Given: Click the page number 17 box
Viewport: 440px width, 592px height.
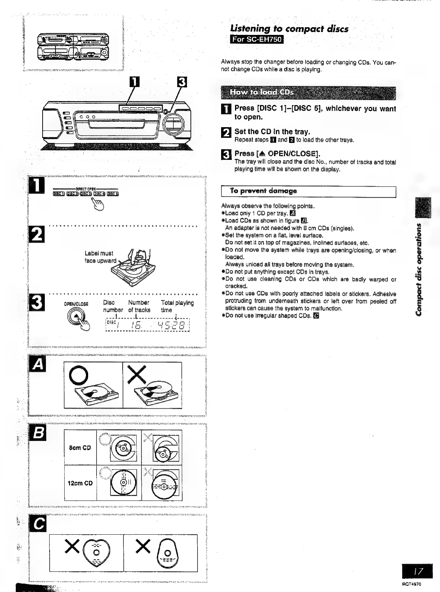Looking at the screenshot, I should pos(417,571).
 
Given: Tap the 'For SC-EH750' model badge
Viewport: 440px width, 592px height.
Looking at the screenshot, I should pos(257,39).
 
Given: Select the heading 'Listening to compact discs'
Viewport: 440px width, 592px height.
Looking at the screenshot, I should pos(289,29).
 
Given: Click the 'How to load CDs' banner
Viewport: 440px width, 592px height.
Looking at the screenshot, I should pos(308,93).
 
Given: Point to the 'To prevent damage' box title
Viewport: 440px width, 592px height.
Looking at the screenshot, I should pos(263,191).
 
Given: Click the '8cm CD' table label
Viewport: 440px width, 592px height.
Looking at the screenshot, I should pos(80,448).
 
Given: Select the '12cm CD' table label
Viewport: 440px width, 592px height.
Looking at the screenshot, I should pos(80,483).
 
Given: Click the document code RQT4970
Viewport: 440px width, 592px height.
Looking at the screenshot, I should pos(412,584).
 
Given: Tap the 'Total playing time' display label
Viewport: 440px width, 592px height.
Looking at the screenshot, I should pos(177,306).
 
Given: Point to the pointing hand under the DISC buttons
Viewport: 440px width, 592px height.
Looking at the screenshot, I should pos(99,204).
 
